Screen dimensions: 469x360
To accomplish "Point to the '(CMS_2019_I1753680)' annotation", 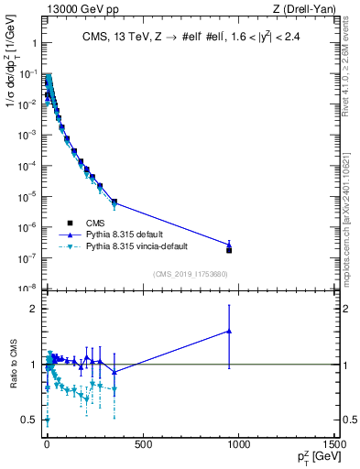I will tap(191, 274).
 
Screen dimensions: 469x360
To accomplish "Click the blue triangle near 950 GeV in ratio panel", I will tap(229, 331).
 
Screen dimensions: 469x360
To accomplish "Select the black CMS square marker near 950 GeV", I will tap(229, 250).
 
